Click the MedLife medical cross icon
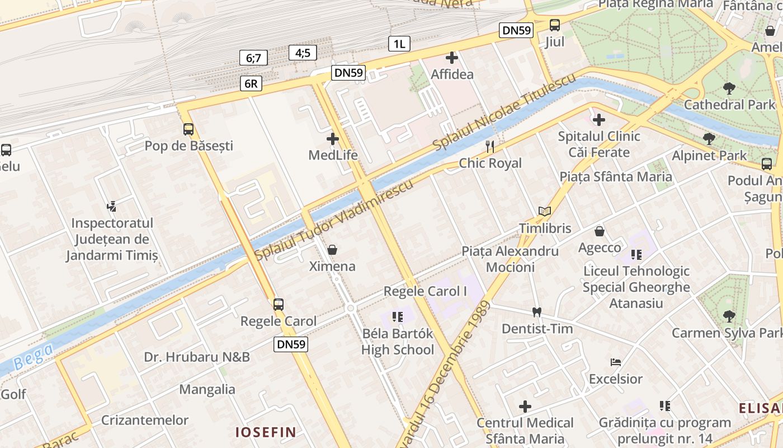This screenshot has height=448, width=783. tap(333, 138)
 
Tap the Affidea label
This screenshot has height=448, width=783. tap(452, 74)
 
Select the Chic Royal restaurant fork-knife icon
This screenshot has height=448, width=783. tap(490, 147)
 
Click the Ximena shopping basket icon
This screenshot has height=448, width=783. tap(332, 250)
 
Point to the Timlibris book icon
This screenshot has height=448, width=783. tap(545, 212)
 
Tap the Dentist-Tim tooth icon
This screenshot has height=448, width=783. tap(537, 312)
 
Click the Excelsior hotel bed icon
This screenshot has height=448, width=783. tap(616, 362)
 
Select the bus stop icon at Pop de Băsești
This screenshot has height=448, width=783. tap(188, 129)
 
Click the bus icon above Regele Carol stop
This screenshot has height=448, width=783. tap(278, 305)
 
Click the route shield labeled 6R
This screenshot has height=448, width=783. tap(251, 83)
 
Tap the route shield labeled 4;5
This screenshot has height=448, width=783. tap(303, 53)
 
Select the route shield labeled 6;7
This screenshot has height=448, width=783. tap(253, 58)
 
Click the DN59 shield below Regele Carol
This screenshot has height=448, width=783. tap(291, 344)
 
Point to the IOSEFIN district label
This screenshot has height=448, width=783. tap(265, 432)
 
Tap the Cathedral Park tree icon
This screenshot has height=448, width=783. tap(729, 88)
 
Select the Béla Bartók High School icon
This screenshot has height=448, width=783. tap(398, 317)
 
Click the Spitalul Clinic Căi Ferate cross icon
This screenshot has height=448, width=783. tap(599, 119)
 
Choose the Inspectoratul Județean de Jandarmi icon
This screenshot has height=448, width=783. tap(112, 206)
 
